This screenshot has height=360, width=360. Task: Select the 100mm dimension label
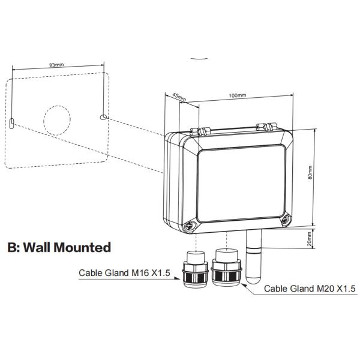[x=238, y=95]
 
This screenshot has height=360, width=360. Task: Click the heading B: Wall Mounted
[x=59, y=247]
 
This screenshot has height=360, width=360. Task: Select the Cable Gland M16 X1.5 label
[x=125, y=272]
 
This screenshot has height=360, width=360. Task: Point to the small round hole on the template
[x=103, y=116]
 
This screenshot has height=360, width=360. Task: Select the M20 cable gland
[x=226, y=269]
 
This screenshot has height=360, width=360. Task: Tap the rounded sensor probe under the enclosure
[x=253, y=260]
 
